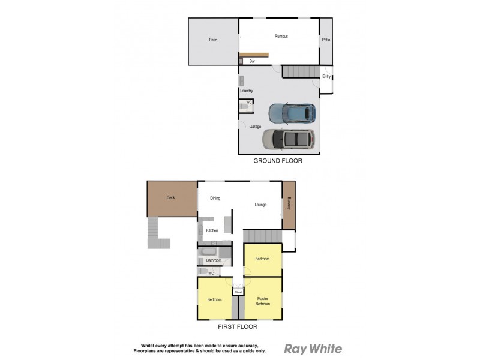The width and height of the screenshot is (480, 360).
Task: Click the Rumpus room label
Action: [281, 37]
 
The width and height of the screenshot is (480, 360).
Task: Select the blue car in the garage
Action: [292, 112]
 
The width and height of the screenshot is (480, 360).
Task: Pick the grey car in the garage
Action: [289, 139]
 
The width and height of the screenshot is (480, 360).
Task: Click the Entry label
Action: [326, 76]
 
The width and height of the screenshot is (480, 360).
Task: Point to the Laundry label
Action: [247, 91]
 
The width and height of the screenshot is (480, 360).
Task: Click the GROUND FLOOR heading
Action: [277, 161]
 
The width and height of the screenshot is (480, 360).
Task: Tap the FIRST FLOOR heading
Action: [238, 327]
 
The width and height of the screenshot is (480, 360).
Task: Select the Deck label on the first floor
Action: [171, 197]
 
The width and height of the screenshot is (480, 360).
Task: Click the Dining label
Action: [215, 198]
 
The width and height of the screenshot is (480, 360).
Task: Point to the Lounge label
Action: [260, 205]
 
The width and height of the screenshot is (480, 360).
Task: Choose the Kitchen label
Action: [212, 230]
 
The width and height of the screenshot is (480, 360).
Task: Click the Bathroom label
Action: [214, 260]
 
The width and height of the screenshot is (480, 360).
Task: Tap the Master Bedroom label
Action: [263, 301]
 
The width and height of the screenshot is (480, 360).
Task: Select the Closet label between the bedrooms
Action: [238, 292]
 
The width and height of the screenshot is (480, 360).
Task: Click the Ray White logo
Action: [313, 349]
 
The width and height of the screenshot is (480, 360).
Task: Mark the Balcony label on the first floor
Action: [289, 204]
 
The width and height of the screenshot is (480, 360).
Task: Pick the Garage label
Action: [255, 127]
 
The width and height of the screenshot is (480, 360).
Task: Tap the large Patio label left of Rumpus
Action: [213, 40]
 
